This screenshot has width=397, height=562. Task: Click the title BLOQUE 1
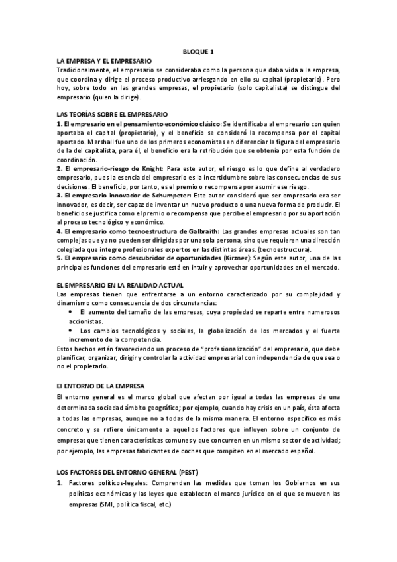[x=198, y=52]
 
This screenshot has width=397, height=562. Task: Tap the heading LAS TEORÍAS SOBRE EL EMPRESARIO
[x=113, y=115]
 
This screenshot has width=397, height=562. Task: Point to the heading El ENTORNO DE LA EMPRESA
[x=105, y=385]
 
